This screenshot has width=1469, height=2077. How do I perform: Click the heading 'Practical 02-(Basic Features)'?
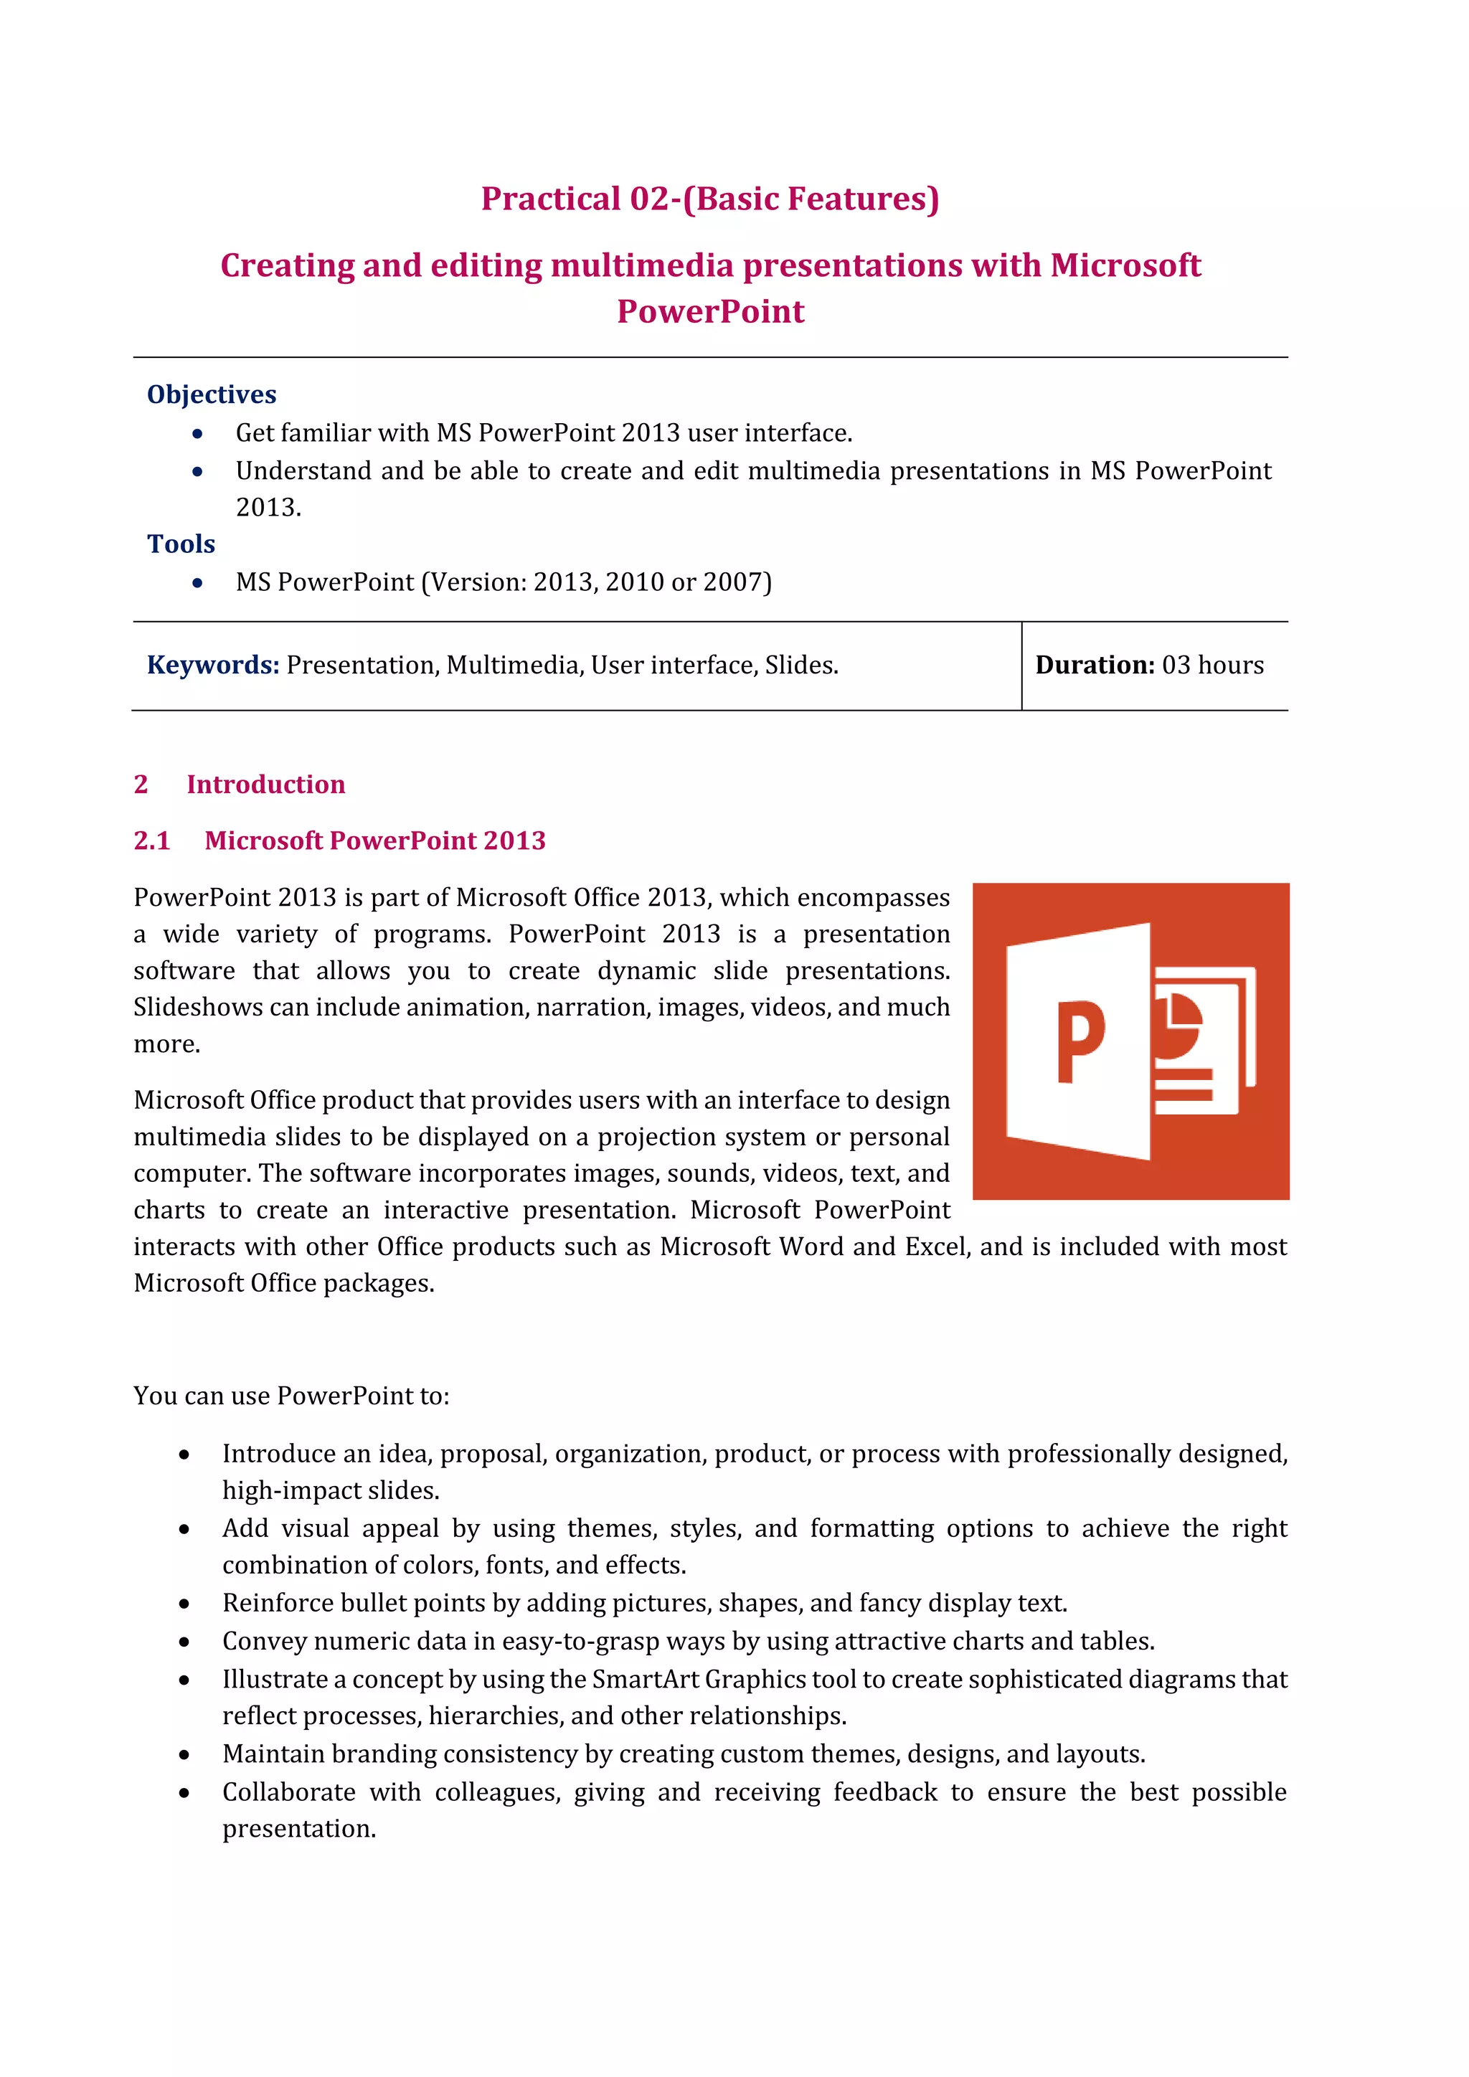[x=710, y=199]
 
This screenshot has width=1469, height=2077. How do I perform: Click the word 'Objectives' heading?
[x=212, y=394]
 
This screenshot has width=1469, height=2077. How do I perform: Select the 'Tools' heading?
[x=181, y=544]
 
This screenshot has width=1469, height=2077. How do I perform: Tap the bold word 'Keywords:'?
[x=212, y=665]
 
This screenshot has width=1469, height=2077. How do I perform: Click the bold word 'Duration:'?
[x=1095, y=665]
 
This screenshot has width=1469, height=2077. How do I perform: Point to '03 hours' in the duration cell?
[x=1212, y=665]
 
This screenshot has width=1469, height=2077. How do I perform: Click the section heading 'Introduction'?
[x=266, y=785]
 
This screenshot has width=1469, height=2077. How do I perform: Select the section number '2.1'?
[x=152, y=841]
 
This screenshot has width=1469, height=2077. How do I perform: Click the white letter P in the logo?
[x=1081, y=1042]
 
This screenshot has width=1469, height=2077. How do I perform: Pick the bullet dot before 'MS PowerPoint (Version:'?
[x=197, y=582]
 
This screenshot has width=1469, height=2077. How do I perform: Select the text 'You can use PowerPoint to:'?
[x=291, y=1396]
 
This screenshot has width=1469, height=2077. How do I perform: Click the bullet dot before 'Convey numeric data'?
[x=184, y=1642]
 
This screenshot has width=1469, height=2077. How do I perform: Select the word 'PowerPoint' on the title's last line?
[x=710, y=311]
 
